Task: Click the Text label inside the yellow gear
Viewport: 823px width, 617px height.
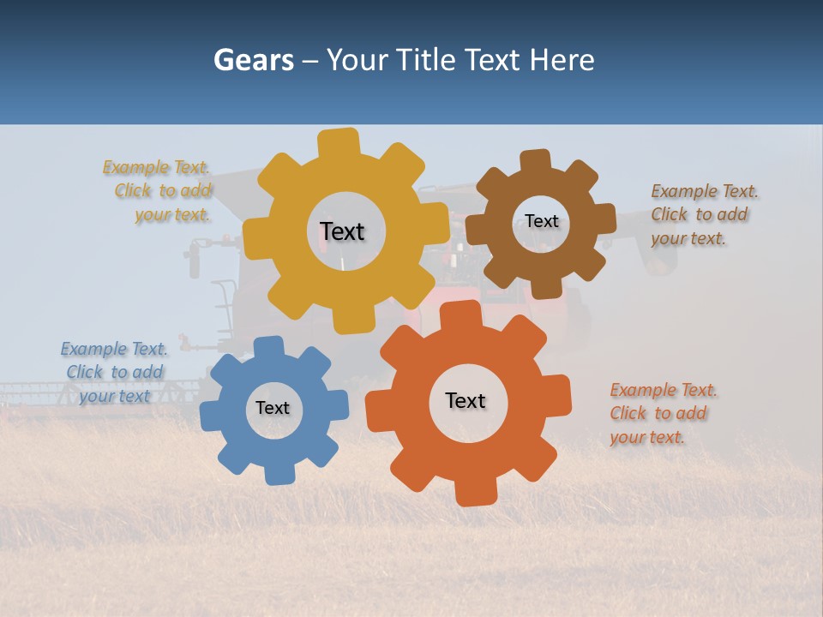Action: (342, 231)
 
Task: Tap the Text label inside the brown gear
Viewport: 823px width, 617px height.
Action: (541, 221)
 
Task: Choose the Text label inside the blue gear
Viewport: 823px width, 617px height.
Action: (273, 408)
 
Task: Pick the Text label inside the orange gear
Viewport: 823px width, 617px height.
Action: (466, 401)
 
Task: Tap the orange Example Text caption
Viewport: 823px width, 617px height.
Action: (659, 413)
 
